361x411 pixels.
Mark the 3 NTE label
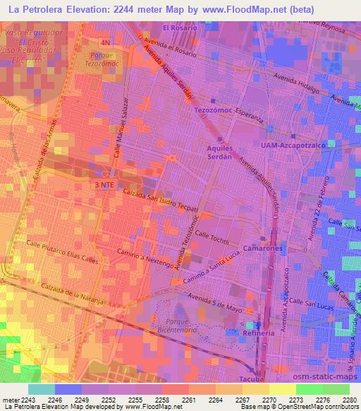(x=104, y=184)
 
